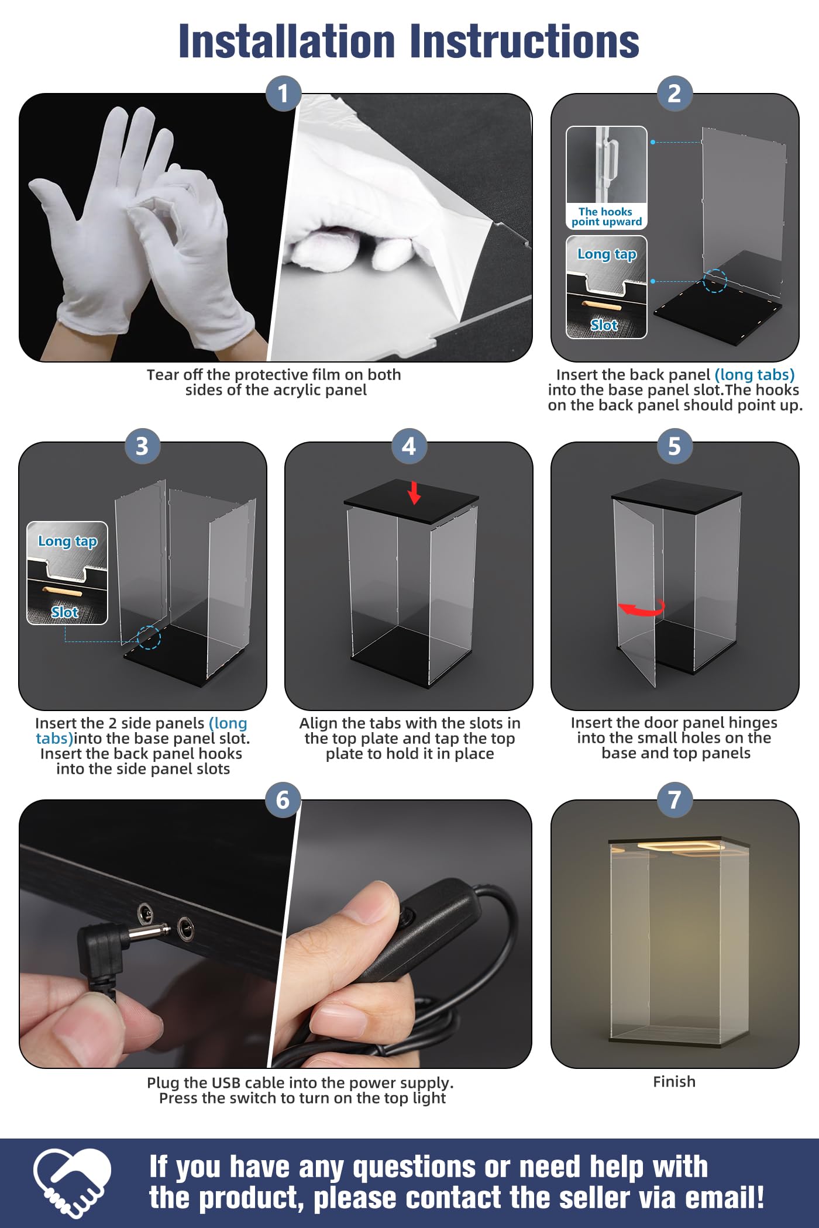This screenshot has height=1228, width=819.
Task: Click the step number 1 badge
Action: [283, 94]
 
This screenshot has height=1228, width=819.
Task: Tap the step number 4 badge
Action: [409, 447]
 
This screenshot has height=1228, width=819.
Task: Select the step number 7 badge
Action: [675, 799]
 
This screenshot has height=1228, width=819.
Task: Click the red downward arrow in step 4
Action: [414, 492]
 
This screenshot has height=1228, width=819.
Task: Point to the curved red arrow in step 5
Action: [642, 609]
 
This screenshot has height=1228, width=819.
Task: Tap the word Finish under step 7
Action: [675, 1082]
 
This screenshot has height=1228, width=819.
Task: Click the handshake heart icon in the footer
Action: [72, 1182]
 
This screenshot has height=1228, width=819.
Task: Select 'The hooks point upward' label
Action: [606, 216]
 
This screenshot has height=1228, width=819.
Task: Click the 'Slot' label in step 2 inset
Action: [604, 325]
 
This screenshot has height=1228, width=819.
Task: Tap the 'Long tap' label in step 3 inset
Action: [67, 541]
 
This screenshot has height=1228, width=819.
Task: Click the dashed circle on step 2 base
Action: [714, 281]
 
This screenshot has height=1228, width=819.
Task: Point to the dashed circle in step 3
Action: [149, 637]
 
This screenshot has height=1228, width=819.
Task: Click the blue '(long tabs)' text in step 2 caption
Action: [755, 375]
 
